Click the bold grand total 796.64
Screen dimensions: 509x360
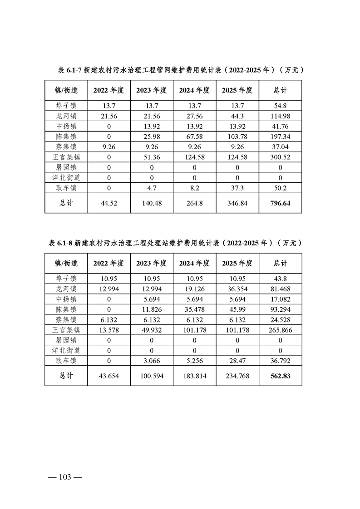(280, 204)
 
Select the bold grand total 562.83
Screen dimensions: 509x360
(280, 376)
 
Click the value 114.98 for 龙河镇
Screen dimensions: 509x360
(280, 116)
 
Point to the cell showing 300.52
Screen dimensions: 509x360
(280, 157)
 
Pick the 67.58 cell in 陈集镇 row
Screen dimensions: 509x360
(194, 137)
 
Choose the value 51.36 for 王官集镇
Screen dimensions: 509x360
(152, 157)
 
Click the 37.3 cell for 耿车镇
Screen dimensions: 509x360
(237, 188)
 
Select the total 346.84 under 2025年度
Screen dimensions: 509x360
(237, 204)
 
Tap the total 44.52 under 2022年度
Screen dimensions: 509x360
(109, 204)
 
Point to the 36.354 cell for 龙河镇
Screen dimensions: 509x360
(237, 289)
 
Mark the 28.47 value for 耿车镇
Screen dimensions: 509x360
(237, 361)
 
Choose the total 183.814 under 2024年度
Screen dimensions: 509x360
(194, 376)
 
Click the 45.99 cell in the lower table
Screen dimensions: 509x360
(237, 309)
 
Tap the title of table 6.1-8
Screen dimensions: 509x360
(175, 243)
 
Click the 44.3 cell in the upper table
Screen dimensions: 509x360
(237, 116)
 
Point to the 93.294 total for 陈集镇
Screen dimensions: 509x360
(280, 309)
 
